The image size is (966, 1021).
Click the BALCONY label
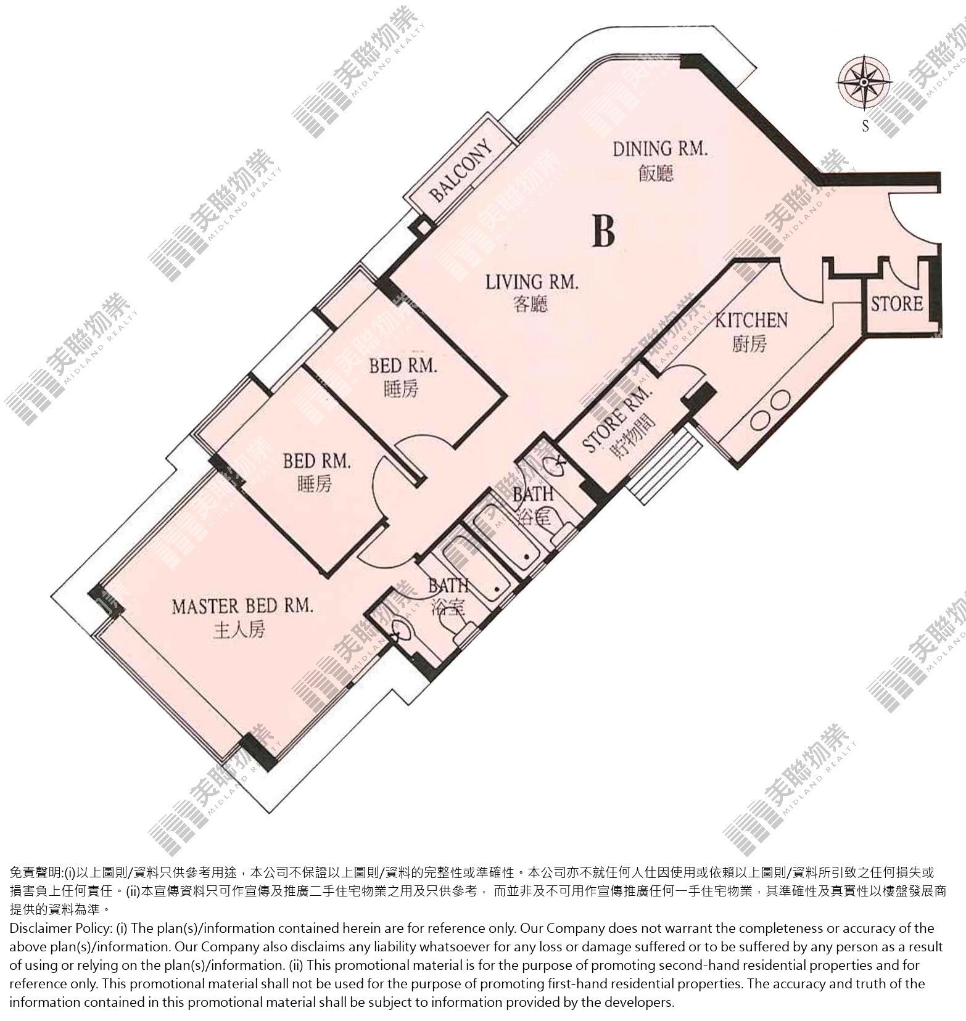[461, 172]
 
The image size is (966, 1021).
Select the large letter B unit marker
[603, 230]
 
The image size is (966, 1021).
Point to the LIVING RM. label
[532, 283]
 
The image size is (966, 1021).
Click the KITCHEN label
[751, 321]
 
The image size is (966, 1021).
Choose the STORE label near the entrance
[897, 304]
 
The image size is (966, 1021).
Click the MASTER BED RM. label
[242, 607]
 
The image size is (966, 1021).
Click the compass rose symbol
[864, 81]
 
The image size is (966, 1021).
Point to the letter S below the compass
[865, 127]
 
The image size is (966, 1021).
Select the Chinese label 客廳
[530, 305]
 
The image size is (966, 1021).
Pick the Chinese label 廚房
[749, 343]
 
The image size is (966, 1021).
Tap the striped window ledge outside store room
[662, 467]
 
